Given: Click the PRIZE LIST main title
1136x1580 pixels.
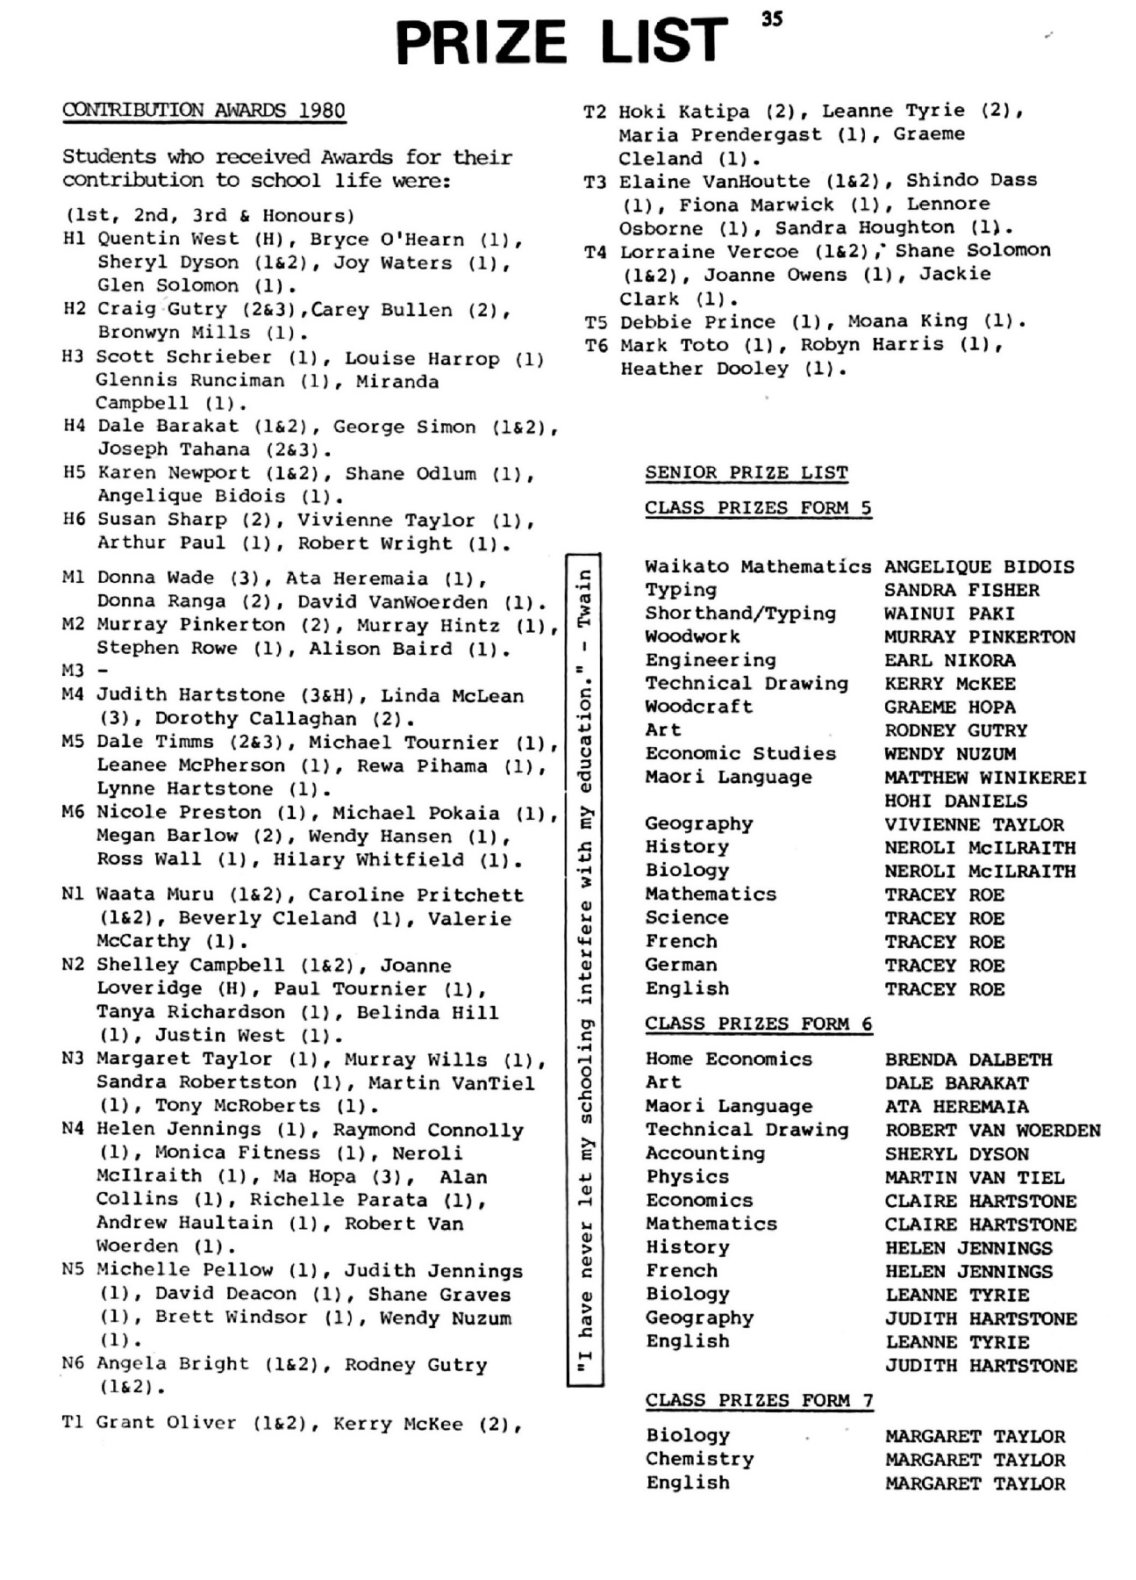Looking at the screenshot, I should point(561,41).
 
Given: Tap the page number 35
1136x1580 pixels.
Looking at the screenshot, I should point(772,18).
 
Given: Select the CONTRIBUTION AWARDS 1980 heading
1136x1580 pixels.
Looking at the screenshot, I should point(204,111).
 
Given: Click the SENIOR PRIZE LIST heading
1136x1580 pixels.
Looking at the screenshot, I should point(747,473).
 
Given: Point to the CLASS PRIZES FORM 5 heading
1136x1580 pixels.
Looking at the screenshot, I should point(758,508).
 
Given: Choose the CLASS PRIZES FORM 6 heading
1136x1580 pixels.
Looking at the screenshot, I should point(758,1024).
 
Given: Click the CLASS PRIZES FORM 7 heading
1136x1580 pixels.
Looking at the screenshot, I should point(759,1400).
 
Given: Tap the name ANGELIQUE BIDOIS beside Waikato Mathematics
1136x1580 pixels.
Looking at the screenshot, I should point(978,567).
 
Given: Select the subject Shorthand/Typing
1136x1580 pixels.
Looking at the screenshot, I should point(740,614).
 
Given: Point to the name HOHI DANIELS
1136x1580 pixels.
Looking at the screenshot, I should point(955,801).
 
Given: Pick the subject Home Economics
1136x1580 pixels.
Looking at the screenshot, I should point(728,1059).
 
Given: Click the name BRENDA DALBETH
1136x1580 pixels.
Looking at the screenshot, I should point(968,1059).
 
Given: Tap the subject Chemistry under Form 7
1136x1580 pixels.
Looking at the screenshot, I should point(699,1459).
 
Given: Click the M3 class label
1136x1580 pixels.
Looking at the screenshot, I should point(73,671).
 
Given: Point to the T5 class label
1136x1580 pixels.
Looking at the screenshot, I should point(596,322).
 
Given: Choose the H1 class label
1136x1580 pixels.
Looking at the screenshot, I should point(75,239).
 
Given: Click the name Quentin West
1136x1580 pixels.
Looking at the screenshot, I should point(168,239).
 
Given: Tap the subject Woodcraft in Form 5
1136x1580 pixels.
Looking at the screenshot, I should point(698,707).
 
